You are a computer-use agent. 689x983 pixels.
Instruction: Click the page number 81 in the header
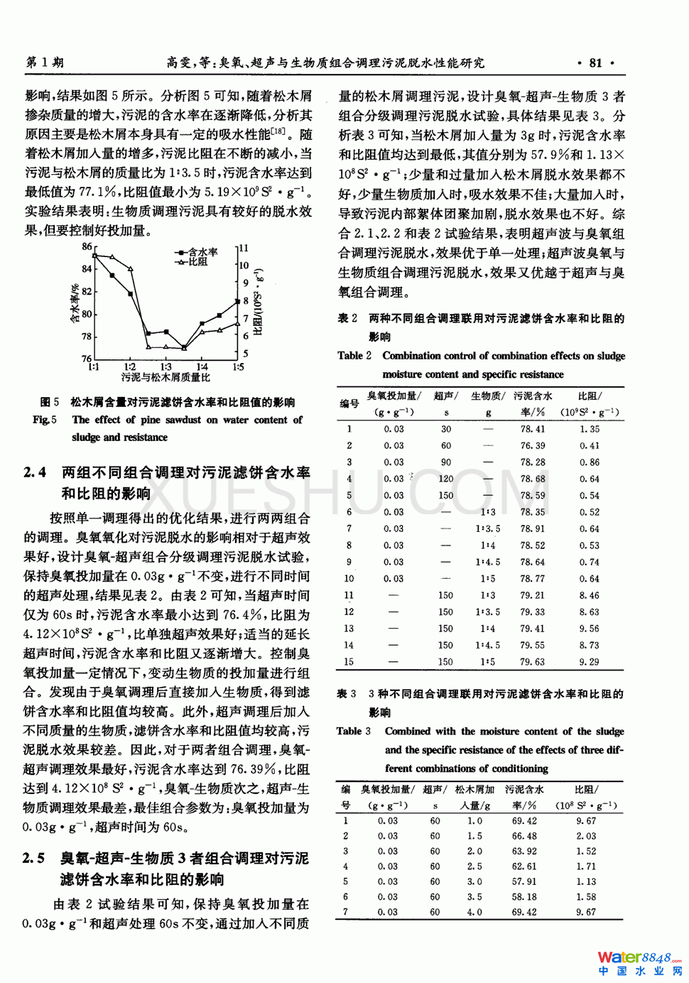[x=595, y=63]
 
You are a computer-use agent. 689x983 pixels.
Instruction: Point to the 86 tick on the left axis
[x=87, y=246]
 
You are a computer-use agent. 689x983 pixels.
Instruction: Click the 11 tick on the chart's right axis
[x=244, y=248]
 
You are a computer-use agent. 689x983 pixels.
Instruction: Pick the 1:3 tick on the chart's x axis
[x=166, y=367]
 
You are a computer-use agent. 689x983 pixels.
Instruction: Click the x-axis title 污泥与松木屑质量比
[x=166, y=377]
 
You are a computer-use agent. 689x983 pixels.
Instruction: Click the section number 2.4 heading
[x=35, y=472]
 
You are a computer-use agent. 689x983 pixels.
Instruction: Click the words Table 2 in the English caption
[x=354, y=355]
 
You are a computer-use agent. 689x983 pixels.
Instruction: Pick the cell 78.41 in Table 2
[x=532, y=429]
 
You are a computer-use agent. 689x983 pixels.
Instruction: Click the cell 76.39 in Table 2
[x=532, y=445]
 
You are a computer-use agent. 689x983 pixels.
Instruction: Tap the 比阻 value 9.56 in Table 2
[x=589, y=629]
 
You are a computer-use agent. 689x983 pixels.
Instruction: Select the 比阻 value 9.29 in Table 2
[x=589, y=661]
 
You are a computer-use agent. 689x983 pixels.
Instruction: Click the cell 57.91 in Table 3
[x=523, y=881]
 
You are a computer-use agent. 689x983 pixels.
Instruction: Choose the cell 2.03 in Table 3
[x=586, y=836]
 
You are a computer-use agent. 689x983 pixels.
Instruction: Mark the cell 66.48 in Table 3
[x=523, y=836]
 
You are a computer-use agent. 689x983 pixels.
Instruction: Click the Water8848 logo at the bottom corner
[x=639, y=963]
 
